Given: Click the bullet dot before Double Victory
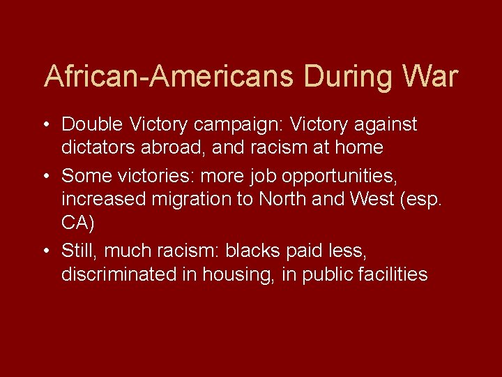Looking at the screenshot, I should point(45,126).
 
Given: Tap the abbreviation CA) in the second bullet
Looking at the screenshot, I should point(77,224).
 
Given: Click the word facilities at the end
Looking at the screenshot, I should point(390,275).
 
